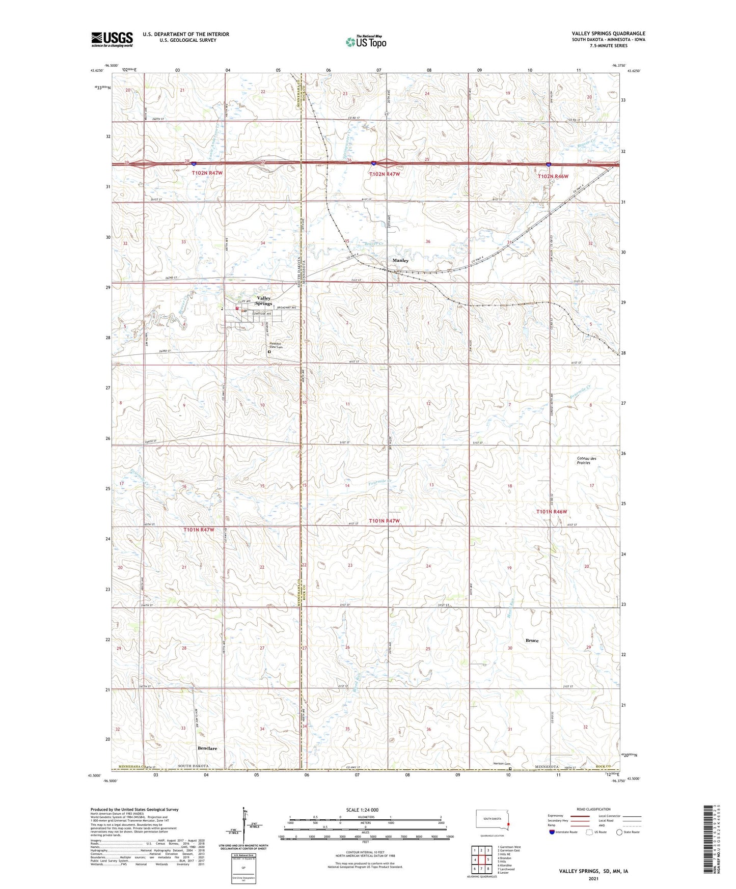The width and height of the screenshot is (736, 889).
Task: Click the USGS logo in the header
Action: point(112,39)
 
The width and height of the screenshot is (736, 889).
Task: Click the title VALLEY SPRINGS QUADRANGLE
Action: point(608,34)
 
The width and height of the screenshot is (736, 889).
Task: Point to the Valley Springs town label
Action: point(264,300)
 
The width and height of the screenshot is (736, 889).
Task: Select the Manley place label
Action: point(400,260)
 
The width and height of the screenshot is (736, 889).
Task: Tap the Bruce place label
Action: point(532,641)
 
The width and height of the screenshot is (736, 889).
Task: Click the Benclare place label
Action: point(207,748)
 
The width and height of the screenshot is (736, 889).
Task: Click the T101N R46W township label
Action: point(552,512)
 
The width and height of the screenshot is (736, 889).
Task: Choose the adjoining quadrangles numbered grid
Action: point(481,860)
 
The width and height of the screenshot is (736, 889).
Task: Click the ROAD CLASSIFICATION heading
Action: point(593,809)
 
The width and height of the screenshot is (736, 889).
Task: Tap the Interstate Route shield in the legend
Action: point(552,832)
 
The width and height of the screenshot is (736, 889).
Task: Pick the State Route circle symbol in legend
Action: point(619,832)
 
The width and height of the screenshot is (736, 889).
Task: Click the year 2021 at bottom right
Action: point(593,879)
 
